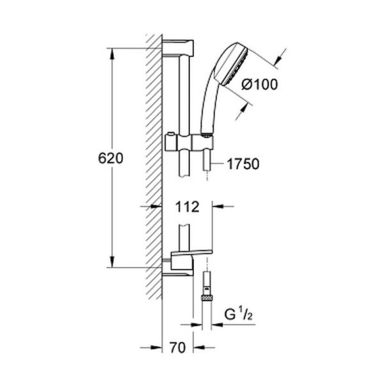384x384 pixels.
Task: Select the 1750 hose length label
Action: click(x=243, y=164)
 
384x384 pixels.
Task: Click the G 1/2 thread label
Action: click(x=239, y=316)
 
